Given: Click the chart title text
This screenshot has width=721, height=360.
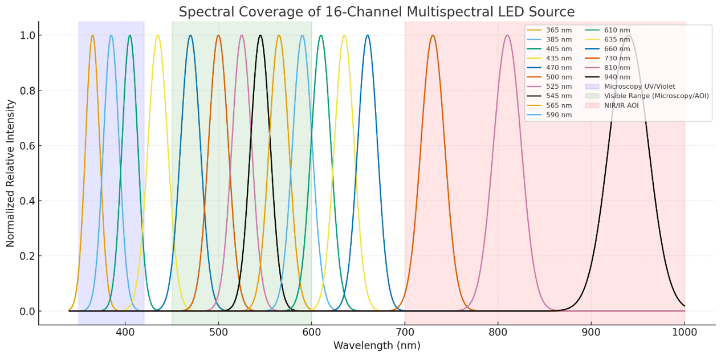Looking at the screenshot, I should pos(376,11).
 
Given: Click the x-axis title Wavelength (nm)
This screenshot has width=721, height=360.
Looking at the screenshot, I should pos(376,345).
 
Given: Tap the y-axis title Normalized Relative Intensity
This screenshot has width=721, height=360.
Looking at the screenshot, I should pos(10,173).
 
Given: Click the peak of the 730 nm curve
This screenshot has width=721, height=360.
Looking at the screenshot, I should pos(433,35).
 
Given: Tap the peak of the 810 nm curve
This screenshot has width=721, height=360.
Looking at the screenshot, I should pos(507,35).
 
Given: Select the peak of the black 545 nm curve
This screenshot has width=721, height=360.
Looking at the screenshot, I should pos(260,35).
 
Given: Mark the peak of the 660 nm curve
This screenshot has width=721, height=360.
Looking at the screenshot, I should pos(368,35).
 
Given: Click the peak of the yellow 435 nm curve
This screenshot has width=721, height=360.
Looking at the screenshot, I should pos(158,35).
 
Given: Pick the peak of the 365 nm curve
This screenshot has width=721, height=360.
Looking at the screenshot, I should pos(92,35).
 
